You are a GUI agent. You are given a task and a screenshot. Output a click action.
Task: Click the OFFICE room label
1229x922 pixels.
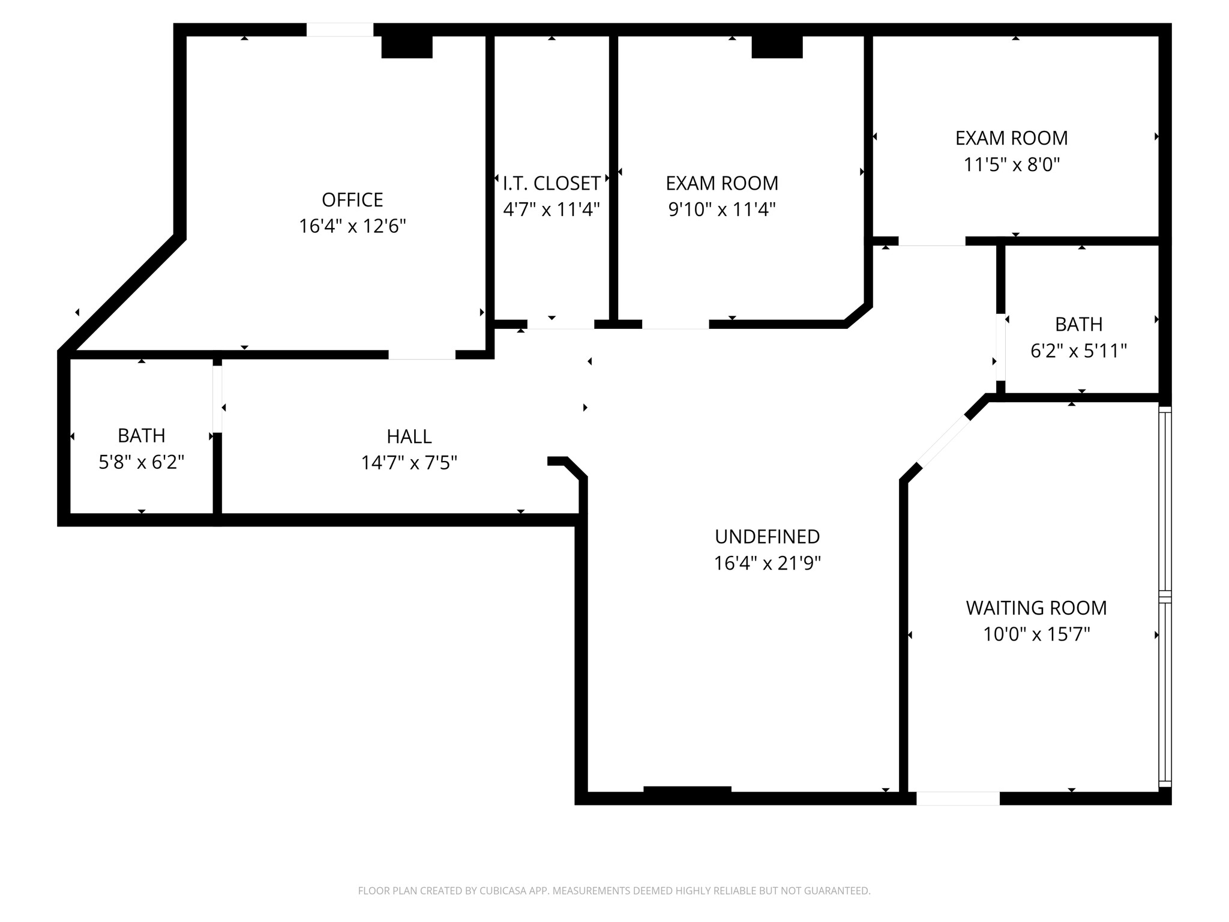point(352,199)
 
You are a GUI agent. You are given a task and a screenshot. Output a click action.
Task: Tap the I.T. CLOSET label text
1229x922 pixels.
point(551,183)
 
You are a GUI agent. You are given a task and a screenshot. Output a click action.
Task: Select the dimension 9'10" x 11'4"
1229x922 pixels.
point(722,209)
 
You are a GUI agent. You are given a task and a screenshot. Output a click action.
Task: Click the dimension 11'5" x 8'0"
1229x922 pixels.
point(1012,164)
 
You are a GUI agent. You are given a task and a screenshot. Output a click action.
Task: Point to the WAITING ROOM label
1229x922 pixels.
point(1036,607)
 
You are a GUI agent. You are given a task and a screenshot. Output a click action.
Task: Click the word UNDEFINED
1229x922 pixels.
point(767,536)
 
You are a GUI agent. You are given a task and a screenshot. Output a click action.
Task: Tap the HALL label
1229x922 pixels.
point(409,436)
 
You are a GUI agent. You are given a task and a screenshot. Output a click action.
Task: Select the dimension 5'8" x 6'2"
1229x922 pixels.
point(141,462)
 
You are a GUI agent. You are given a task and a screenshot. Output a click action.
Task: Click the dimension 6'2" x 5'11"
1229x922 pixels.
point(1078,351)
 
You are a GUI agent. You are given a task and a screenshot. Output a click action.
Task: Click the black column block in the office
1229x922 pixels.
point(407,47)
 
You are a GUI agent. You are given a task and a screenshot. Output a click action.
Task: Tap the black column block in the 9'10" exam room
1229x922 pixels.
point(777,47)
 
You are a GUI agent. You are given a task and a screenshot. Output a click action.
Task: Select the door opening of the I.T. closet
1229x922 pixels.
point(560,325)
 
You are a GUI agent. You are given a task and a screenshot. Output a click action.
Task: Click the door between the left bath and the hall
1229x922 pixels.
point(217,399)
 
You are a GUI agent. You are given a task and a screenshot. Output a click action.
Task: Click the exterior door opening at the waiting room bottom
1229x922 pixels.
point(958,798)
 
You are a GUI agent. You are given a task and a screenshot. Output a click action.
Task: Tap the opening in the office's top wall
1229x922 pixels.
point(340,29)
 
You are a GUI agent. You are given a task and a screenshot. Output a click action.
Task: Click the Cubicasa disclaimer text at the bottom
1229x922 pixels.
point(614,891)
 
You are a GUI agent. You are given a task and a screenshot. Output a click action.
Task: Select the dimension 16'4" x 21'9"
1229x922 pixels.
point(767,563)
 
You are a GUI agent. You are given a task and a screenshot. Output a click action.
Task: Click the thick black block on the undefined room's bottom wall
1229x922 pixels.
point(687,791)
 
